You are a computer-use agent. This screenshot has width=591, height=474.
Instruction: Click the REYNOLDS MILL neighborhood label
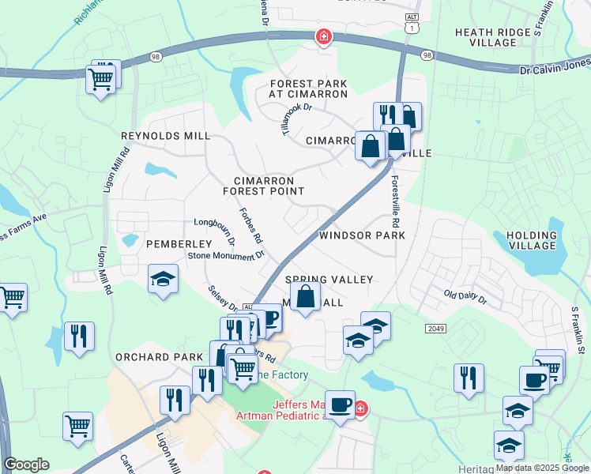pyautogui.click(x=165, y=136)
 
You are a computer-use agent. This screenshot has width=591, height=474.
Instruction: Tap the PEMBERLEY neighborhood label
pyautogui.click(x=179, y=244)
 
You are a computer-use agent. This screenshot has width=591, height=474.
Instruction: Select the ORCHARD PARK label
pyautogui.click(x=159, y=357)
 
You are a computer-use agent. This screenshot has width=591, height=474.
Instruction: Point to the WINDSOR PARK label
pyautogui.click(x=362, y=235)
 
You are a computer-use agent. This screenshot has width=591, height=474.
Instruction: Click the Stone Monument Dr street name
pyautogui.click(x=225, y=255)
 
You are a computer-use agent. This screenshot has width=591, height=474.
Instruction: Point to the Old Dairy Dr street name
pyautogui.click(x=465, y=297)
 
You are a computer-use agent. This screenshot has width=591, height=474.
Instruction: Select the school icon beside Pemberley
pyautogui.click(x=164, y=279)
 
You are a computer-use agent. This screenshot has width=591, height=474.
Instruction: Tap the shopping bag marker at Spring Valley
pyautogui.click(x=307, y=299)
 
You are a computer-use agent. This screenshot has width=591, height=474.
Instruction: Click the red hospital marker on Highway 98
pyautogui.click(x=323, y=36)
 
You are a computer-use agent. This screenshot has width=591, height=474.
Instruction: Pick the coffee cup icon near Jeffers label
pyautogui.click(x=340, y=404)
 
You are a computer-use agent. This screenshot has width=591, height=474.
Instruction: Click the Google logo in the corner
pyautogui.click(x=26, y=465)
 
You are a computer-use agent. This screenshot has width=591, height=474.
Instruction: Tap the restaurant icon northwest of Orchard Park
pyautogui.click(x=79, y=337)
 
